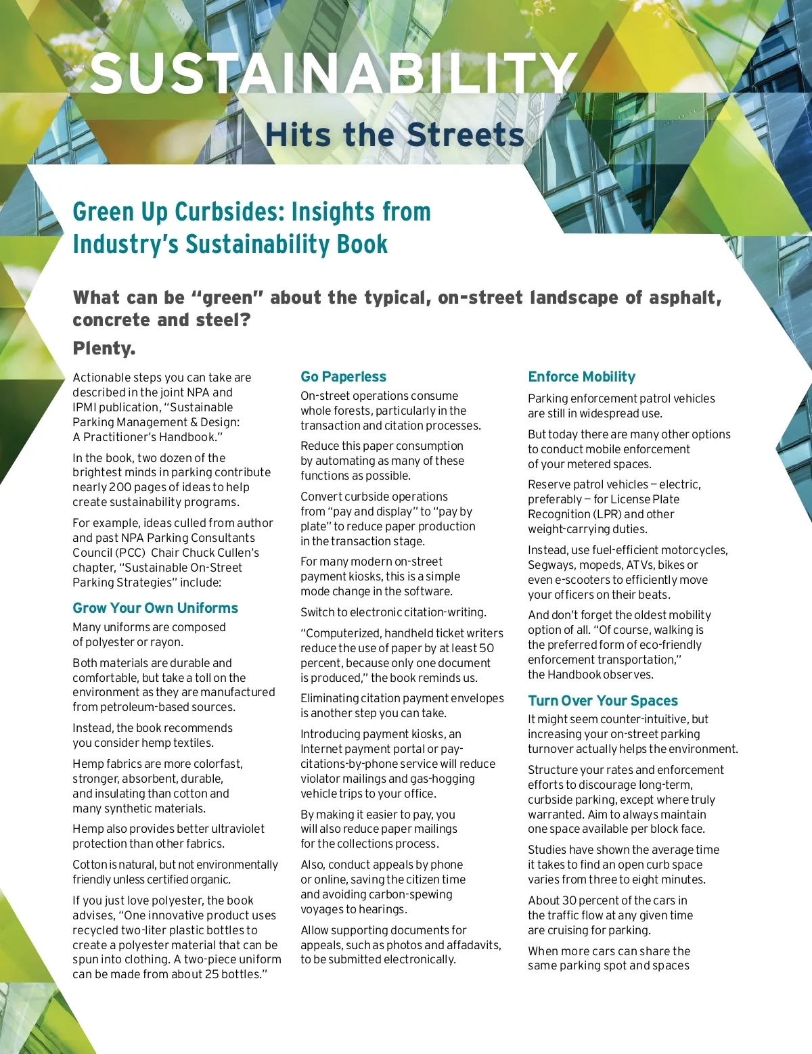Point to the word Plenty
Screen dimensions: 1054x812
pyautogui.click(x=104, y=348)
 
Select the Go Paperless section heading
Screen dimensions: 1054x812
pyautogui.click(x=343, y=377)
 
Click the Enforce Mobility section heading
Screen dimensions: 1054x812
pyautogui.click(x=581, y=377)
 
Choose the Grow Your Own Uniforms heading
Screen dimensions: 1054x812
pyautogui.click(x=155, y=608)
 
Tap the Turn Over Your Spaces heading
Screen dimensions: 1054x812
pyautogui.click(x=602, y=701)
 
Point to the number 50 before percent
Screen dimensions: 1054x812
pyautogui.click(x=486, y=648)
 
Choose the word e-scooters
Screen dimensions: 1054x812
pyautogui.click(x=581, y=580)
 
